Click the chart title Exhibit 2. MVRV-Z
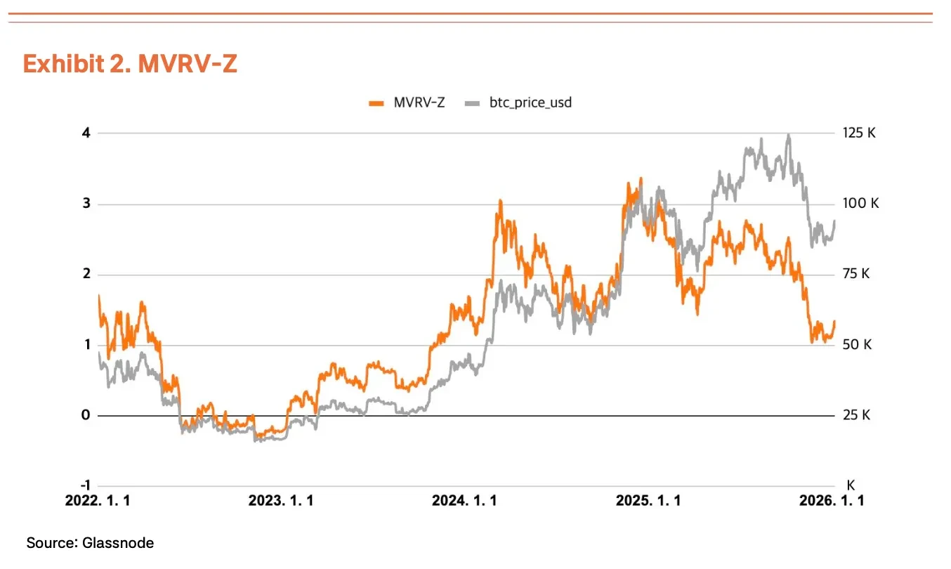[x=130, y=63]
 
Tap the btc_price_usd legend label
[x=530, y=103]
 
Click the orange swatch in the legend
[x=376, y=103]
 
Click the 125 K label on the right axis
[x=859, y=133]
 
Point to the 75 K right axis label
[x=856, y=274]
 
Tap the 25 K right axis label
[x=856, y=415]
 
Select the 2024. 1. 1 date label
[x=464, y=501]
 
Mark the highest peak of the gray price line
[x=789, y=135]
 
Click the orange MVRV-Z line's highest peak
[x=640, y=179]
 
